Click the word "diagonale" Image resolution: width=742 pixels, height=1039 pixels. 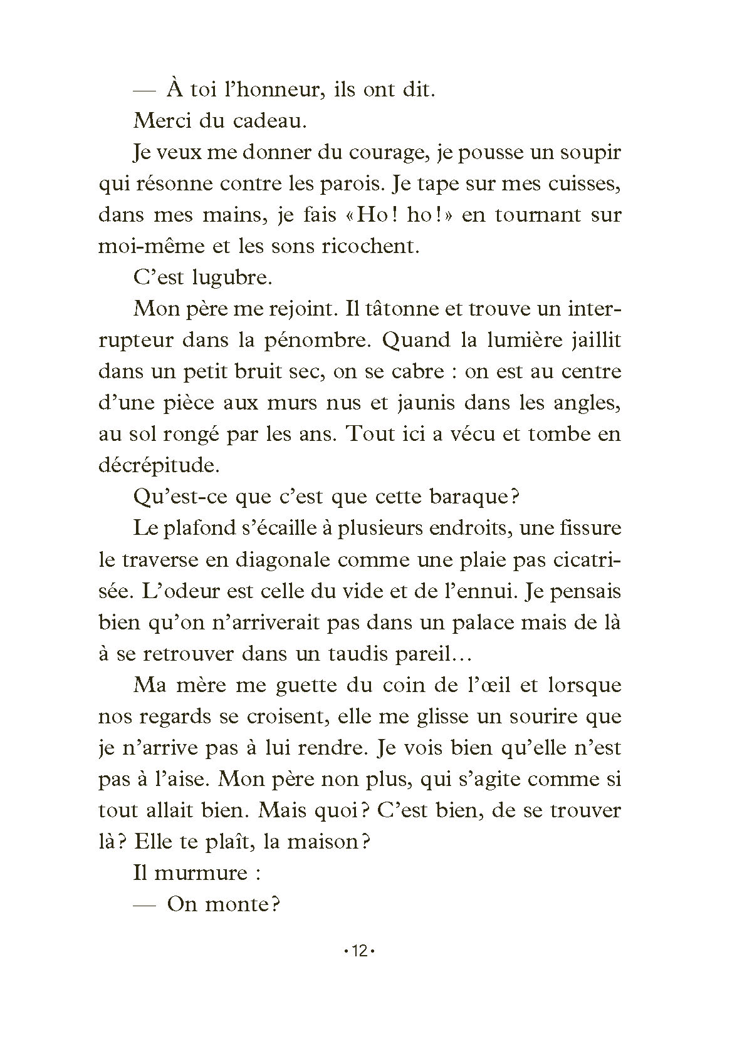pyautogui.click(x=282, y=559)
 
